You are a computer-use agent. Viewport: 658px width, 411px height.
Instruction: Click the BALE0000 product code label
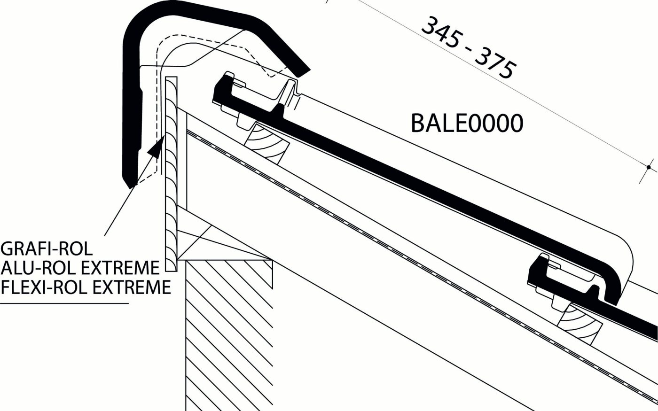coord(467,123)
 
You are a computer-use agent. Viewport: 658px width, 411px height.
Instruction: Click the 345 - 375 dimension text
coord(469,48)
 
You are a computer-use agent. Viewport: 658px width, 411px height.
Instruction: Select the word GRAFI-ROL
coord(47,249)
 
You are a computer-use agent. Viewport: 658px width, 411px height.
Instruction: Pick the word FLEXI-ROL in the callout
coord(44,287)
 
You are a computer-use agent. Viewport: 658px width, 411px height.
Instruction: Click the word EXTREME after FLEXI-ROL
coord(131,287)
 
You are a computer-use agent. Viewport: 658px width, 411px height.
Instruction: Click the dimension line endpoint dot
coord(649,167)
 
